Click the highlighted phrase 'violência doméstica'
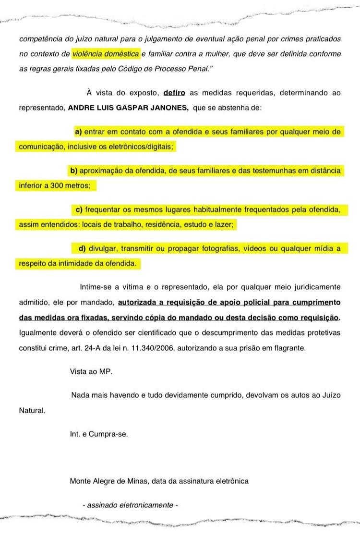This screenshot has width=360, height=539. [106, 54]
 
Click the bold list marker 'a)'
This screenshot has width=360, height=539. [78, 131]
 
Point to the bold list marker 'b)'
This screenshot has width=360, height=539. [74, 171]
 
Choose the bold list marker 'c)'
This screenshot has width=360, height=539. [79, 209]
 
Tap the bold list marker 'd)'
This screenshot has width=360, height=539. [82, 248]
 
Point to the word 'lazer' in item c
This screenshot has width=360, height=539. [226, 225]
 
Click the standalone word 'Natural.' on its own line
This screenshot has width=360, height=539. [32, 411]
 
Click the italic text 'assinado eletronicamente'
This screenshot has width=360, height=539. [130, 505]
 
